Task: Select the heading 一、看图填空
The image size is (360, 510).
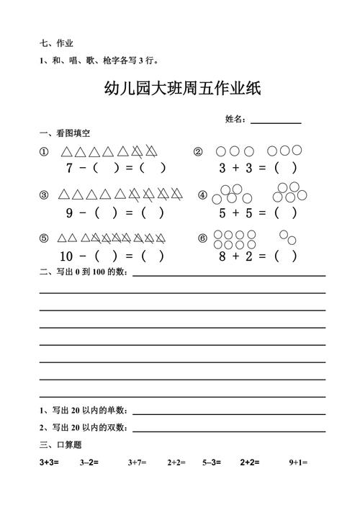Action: [x=64, y=134]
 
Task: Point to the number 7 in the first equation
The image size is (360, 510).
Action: [x=69, y=169]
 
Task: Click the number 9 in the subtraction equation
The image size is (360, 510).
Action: [x=69, y=212]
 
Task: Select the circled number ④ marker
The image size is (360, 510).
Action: [x=202, y=195]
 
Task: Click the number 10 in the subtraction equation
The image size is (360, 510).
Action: [x=67, y=256]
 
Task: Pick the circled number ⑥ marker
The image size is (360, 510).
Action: [x=202, y=238]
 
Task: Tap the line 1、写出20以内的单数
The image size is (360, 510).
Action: [x=84, y=410]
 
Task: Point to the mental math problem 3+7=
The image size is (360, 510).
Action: [x=137, y=462]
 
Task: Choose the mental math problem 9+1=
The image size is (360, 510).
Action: [x=298, y=462]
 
